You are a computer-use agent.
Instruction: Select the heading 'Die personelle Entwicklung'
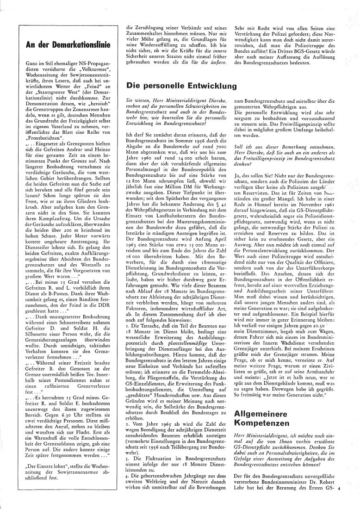[181, 86]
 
